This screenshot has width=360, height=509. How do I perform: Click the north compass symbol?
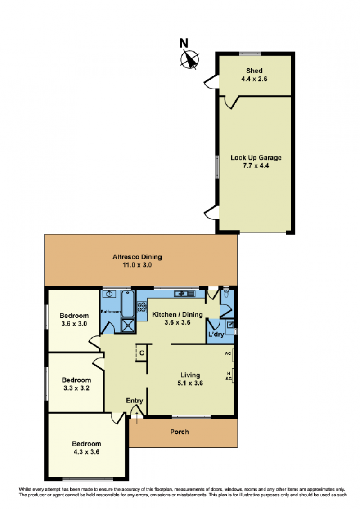[x=190, y=60]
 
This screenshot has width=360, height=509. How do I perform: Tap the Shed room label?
[x=254, y=71]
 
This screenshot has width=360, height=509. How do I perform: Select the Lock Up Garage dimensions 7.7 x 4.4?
[x=256, y=166]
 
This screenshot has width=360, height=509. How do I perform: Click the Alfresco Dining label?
[x=137, y=257]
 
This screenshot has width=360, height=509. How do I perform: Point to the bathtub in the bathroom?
[x=128, y=304]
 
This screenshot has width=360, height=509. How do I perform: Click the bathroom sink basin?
[x=110, y=294]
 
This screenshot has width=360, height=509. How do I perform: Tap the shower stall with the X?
[x=128, y=325]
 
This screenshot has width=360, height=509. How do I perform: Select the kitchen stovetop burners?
[x=142, y=307]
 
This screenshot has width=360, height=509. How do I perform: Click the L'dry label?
[x=216, y=334]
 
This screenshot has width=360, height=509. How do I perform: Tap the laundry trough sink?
[x=229, y=324]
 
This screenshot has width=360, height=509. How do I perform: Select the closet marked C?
[x=142, y=353]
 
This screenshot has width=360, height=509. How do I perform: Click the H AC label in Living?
[x=229, y=376]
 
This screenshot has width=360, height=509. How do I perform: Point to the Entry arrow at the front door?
[x=137, y=418]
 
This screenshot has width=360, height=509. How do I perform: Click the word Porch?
[x=180, y=432]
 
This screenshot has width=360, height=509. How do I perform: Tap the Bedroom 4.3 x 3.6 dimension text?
[x=86, y=452]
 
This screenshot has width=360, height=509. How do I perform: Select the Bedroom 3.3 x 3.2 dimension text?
[x=76, y=388]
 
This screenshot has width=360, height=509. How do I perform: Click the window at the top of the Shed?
[x=250, y=54]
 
